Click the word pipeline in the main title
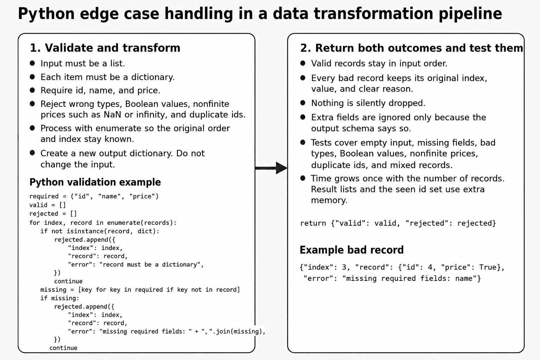coord(470,14)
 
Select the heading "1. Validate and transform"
coord(105,48)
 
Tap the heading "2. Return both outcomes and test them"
coord(412,48)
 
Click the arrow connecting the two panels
coord(271,168)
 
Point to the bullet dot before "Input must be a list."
coord(32,63)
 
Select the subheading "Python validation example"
coord(95,182)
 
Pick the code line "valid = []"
coord(47,205)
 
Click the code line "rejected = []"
coord(53,214)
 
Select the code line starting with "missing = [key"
coord(140,290)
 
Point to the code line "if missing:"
coord(60,298)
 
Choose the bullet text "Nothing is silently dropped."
coord(368,103)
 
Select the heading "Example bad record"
coord(352,250)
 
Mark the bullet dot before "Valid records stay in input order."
coord(303,63)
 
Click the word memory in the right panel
coord(329,200)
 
